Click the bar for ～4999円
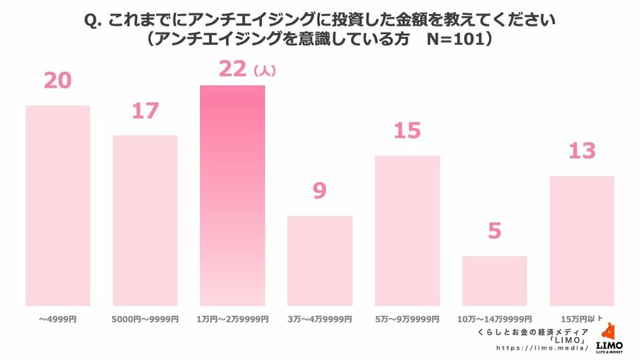58,205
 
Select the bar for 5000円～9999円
145,220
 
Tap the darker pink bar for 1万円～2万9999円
232,195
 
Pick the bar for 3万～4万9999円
320,261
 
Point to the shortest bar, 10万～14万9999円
494,280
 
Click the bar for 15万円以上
582,241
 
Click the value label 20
58,80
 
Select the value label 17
145,110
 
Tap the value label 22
232,68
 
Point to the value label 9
319,191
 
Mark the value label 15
407,131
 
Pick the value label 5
494,231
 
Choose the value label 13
581,151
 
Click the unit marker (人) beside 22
263,71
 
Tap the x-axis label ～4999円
58,320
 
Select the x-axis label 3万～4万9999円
320,320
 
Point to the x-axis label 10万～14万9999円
494,320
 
